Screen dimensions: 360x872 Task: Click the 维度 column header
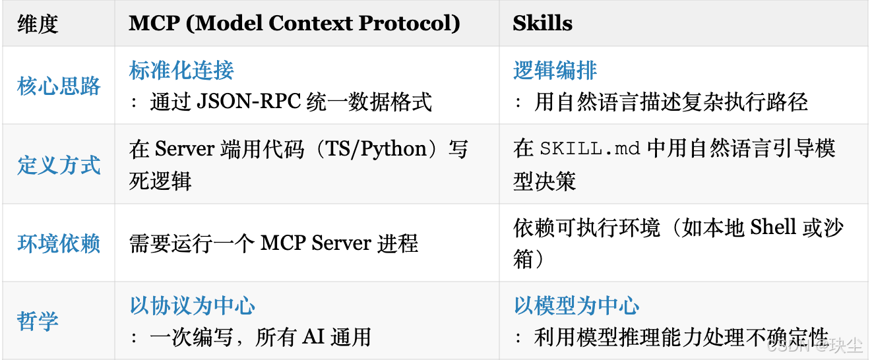[x=38, y=24]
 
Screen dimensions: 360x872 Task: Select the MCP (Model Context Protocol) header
[x=294, y=24]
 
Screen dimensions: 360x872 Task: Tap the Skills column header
[x=542, y=24]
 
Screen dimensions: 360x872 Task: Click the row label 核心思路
[x=59, y=86]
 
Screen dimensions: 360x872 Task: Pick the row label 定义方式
[x=59, y=165]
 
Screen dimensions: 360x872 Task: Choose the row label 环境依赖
[x=59, y=243]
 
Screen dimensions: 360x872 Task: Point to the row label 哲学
[x=38, y=322]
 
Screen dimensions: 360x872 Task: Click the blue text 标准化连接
[x=181, y=71]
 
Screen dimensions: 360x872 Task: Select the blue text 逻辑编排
[x=555, y=71]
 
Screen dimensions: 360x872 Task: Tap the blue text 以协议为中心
[x=192, y=306]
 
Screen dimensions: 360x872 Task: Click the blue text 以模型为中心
[x=576, y=306]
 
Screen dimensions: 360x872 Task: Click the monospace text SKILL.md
[x=590, y=149]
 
